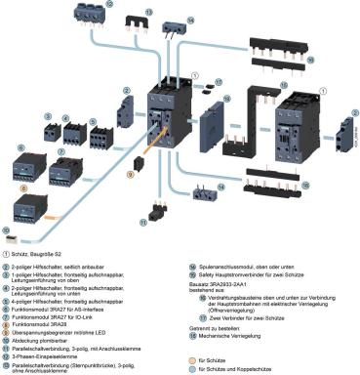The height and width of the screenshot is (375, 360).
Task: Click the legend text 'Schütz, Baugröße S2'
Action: (x=50, y=255)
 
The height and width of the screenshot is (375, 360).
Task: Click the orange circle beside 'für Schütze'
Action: (x=192, y=358)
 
